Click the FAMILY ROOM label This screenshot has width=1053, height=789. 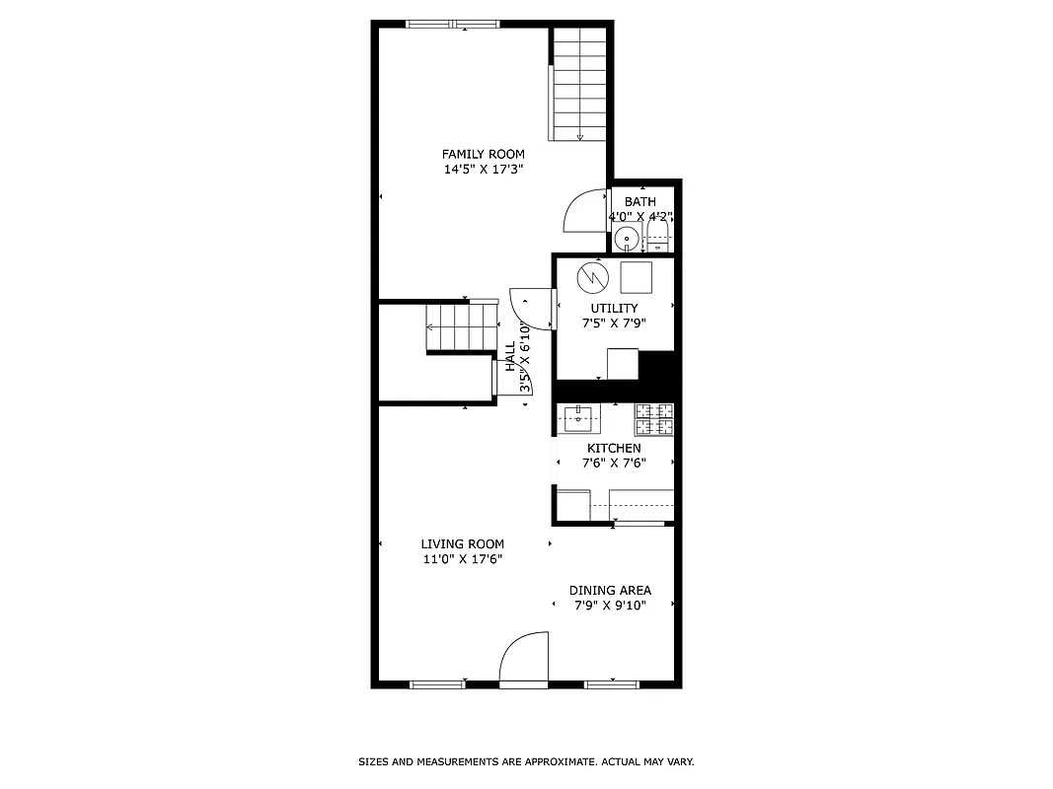pos(483,154)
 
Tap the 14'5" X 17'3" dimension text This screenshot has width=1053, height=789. pos(483,170)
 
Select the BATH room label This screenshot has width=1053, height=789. pos(639,202)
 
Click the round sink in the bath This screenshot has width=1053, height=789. pos(625,238)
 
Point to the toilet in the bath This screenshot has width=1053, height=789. pos(658,237)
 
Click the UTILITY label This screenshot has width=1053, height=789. pos(614,309)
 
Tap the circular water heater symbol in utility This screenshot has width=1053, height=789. pos(592,277)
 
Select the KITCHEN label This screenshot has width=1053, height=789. pos(614,449)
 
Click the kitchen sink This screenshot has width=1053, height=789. pos(579,418)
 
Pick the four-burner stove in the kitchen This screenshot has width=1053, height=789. pos(654,419)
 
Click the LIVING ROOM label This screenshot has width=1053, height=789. pos(462,544)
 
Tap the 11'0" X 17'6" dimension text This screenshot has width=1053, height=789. pos(462,559)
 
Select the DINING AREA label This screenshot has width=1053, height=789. pos(610,591)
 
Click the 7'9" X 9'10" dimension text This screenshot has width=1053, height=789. pos(610,606)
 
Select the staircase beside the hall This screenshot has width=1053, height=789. pos(461,327)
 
